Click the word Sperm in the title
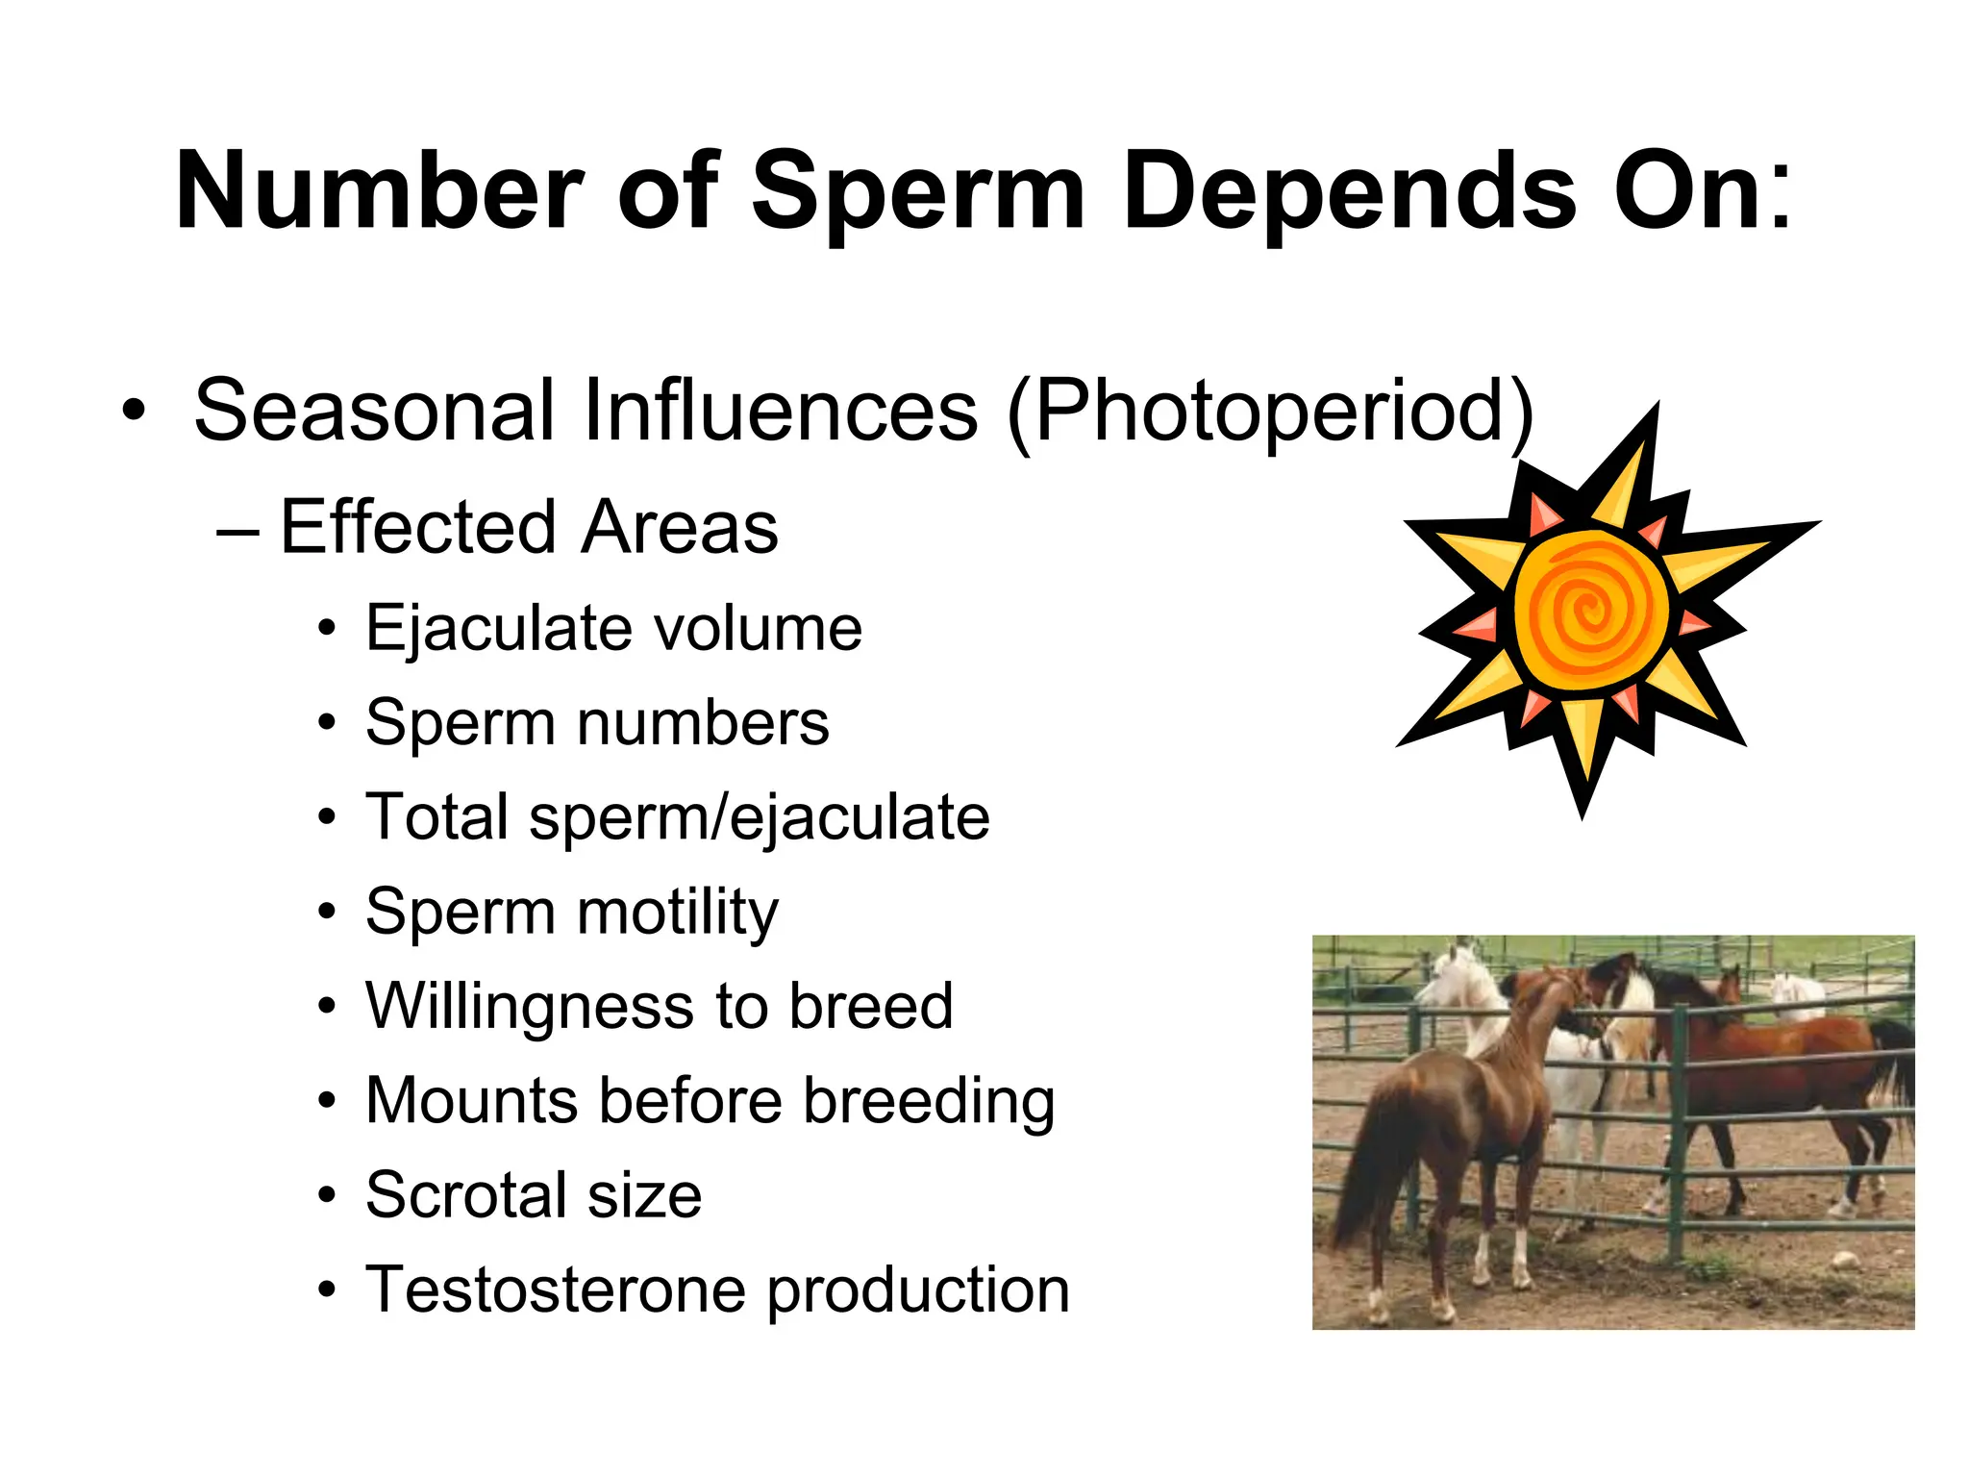pyautogui.click(x=918, y=192)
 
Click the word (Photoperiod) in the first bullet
pyautogui.click(x=1270, y=412)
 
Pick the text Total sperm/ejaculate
pyautogui.click(x=677, y=817)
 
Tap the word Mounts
pyautogui.click(x=471, y=1100)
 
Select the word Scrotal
pyautogui.click(x=465, y=1195)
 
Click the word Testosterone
pyautogui.click(x=555, y=1289)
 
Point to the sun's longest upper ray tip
pyautogui.click(x=1656, y=410)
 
